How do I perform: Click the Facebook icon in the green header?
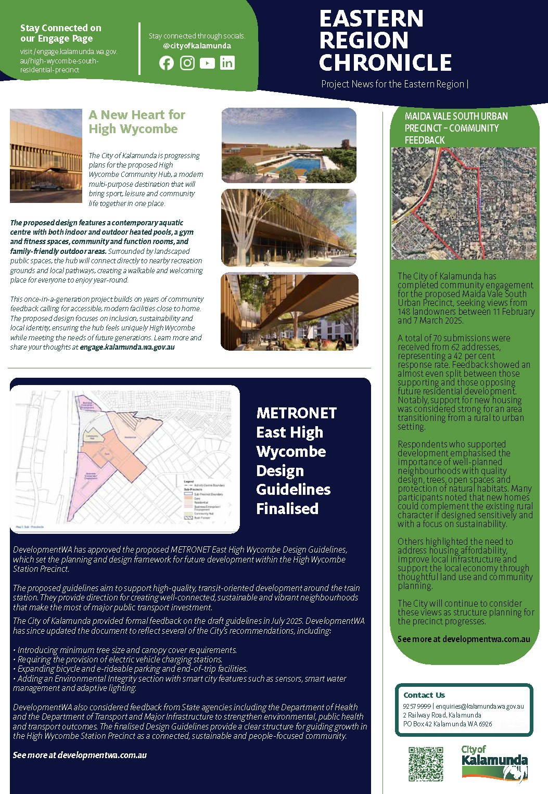[x=167, y=63]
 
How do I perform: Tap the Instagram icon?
[x=187, y=63]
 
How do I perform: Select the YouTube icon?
[x=207, y=63]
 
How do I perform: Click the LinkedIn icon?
[x=227, y=63]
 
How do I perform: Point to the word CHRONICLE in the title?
[x=385, y=62]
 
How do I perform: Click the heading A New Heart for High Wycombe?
[x=136, y=122]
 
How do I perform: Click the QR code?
[x=426, y=764]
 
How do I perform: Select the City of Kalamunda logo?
[x=494, y=763]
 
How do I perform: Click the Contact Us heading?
[x=424, y=695]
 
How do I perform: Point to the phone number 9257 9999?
[x=416, y=707]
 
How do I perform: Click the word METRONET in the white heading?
[x=296, y=413]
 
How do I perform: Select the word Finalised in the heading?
[x=287, y=508]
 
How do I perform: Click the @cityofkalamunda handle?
[x=197, y=46]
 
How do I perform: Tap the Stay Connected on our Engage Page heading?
[x=60, y=33]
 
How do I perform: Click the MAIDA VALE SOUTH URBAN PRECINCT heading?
[x=456, y=128]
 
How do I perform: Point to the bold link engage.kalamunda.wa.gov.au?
[x=127, y=347]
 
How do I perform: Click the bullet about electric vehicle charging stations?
[x=120, y=659]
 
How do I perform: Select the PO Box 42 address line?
[x=448, y=724]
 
